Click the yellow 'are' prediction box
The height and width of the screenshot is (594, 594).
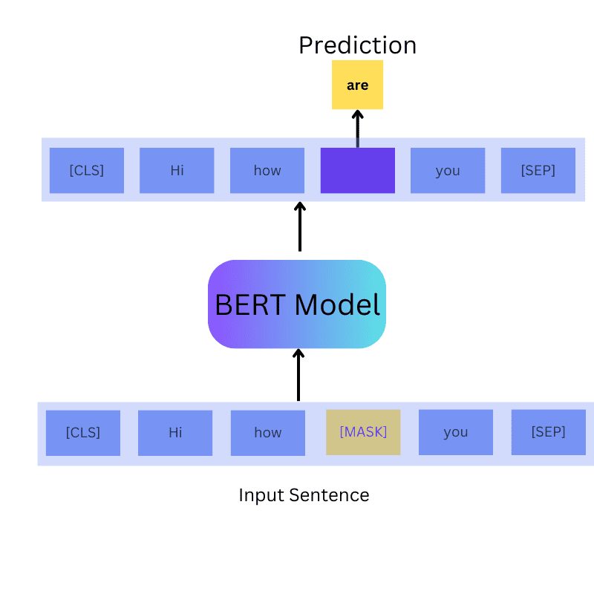(357, 85)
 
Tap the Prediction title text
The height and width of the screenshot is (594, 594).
(357, 45)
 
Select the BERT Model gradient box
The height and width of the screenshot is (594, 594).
(297, 304)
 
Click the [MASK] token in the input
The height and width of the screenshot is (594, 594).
(363, 432)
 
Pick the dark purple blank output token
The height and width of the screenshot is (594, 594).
(357, 170)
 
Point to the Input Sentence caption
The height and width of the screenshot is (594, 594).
(304, 495)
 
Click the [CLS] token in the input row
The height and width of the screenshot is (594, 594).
(82, 433)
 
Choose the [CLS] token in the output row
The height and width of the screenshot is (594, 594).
(87, 170)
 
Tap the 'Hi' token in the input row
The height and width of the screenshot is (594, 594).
(175, 433)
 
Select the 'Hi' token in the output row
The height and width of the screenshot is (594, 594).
(177, 170)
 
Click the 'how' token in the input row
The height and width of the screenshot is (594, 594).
(267, 433)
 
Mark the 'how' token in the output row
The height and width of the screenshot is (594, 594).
(267, 170)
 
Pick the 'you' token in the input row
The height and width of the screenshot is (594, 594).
(455, 433)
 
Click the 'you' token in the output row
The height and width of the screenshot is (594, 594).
(448, 170)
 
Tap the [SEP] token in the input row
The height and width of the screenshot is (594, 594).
(548, 432)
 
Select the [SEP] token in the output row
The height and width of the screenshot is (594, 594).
(538, 170)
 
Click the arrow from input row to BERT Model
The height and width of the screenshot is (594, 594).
(298, 375)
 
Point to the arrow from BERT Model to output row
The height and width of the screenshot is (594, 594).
(300, 226)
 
